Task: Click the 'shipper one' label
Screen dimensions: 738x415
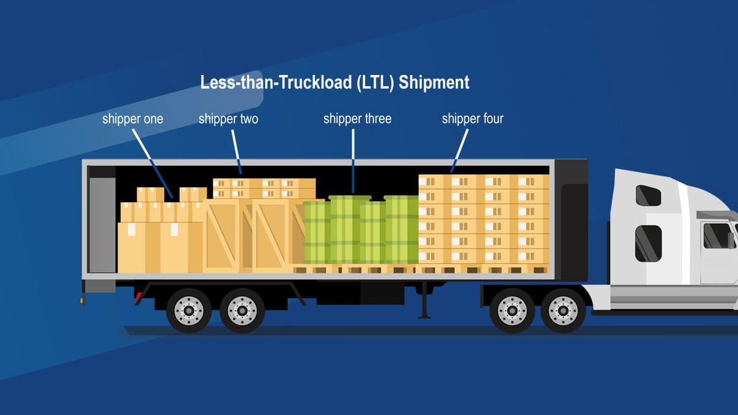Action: pyautogui.click(x=132, y=119)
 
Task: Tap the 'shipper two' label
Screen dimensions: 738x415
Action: pyautogui.click(x=228, y=119)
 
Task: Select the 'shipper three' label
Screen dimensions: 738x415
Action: pyautogui.click(x=357, y=119)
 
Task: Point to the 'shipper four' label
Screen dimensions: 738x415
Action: pyautogui.click(x=473, y=119)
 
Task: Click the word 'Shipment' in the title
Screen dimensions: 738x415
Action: pyautogui.click(x=434, y=82)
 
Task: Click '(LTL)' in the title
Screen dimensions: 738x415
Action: pyautogui.click(x=375, y=82)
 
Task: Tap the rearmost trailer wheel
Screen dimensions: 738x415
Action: pyautogui.click(x=189, y=310)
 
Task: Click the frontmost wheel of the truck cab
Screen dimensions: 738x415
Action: pyautogui.click(x=563, y=310)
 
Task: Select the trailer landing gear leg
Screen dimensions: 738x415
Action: pyautogui.click(x=424, y=300)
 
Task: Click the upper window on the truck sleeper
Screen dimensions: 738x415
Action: pyautogui.click(x=648, y=196)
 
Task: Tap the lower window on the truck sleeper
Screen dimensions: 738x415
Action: pyautogui.click(x=648, y=243)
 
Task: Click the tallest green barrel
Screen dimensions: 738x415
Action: pyautogui.click(x=350, y=229)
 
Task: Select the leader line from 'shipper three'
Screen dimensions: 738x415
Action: pyautogui.click(x=353, y=160)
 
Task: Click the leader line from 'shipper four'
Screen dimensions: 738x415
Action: pyautogui.click(x=459, y=151)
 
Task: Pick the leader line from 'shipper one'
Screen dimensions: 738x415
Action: pyautogui.click(x=153, y=164)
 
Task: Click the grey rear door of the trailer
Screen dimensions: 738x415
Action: pyautogui.click(x=102, y=225)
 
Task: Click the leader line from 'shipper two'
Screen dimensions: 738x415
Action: pyautogui.click(x=237, y=152)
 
